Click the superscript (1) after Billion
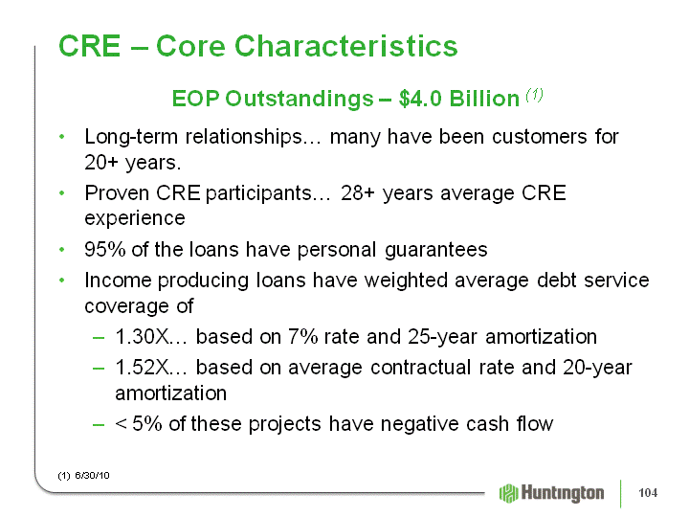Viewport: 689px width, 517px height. [x=534, y=94]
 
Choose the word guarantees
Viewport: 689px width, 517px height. [x=436, y=250]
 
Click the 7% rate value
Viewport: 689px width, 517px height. [x=302, y=337]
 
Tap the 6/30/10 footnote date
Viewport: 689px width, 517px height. [x=92, y=476]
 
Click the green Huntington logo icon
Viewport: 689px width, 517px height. [x=508, y=493]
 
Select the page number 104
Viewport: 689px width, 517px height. [x=648, y=493]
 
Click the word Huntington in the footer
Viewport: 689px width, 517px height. [x=563, y=494]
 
